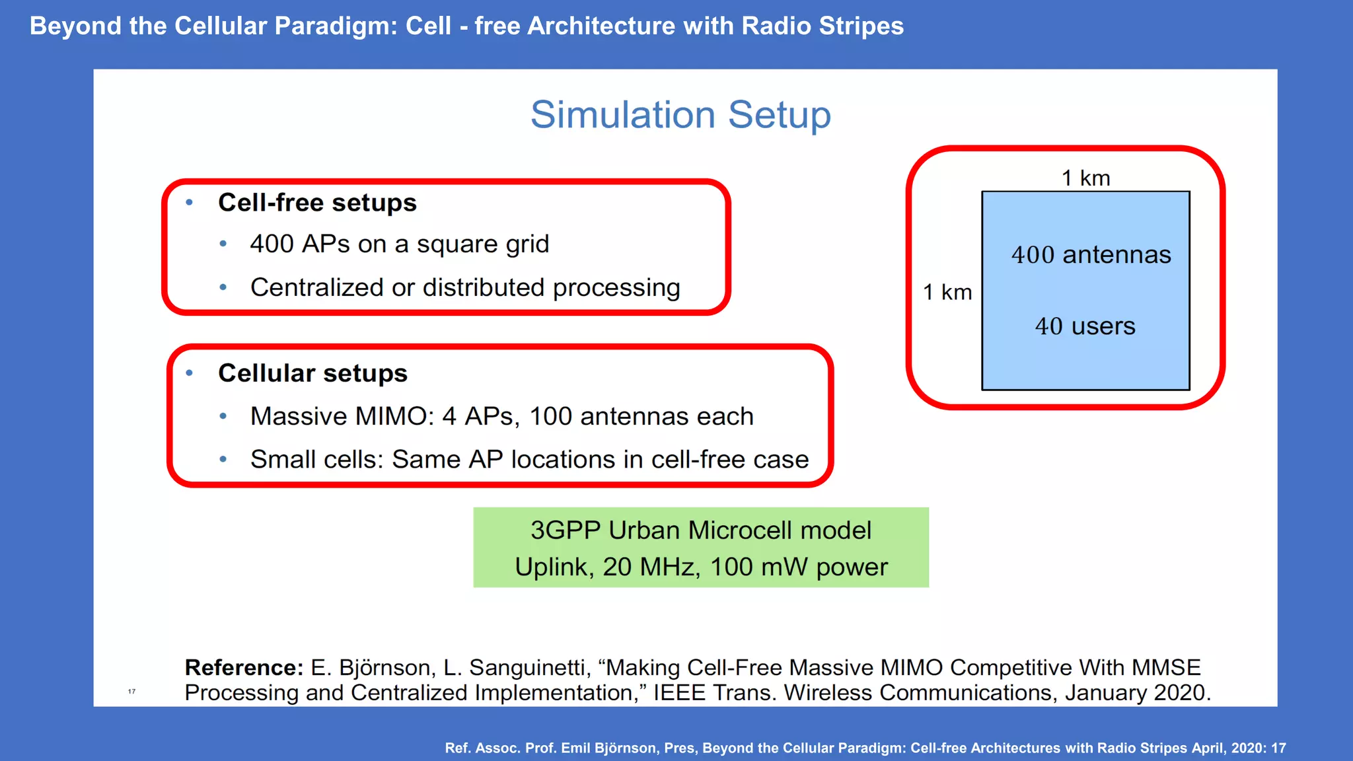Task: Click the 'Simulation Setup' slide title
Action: (680, 115)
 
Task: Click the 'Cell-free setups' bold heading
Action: (317, 203)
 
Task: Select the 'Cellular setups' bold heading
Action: (312, 373)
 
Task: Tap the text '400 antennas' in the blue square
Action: (1091, 255)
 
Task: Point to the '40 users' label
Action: (1085, 326)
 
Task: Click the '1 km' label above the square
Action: (1085, 178)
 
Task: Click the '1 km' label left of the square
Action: (947, 292)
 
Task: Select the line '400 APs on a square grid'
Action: (399, 244)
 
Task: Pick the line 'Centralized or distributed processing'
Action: (465, 288)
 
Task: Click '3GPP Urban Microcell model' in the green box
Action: (700, 530)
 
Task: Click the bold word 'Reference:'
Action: (244, 668)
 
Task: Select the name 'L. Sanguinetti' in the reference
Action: (513, 668)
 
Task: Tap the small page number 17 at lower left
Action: (131, 692)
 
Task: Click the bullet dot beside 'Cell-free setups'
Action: (190, 203)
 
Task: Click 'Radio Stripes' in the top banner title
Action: (822, 26)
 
